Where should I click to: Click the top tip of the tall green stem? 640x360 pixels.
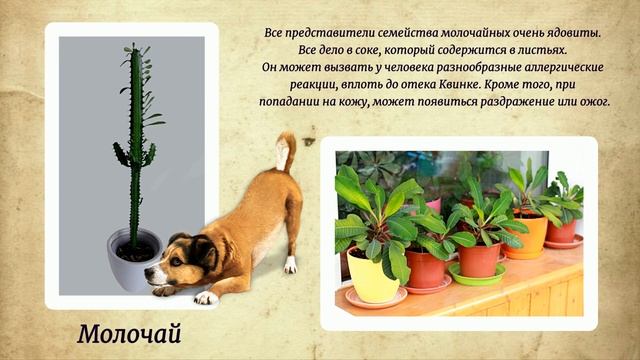[x=130, y=47]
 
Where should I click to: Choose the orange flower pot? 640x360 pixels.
[x=527, y=236]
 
